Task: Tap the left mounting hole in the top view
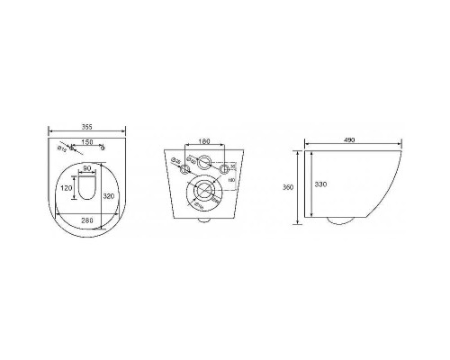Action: point(74,149)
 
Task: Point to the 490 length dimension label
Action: point(350,140)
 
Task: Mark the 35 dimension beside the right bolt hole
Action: point(231,166)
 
